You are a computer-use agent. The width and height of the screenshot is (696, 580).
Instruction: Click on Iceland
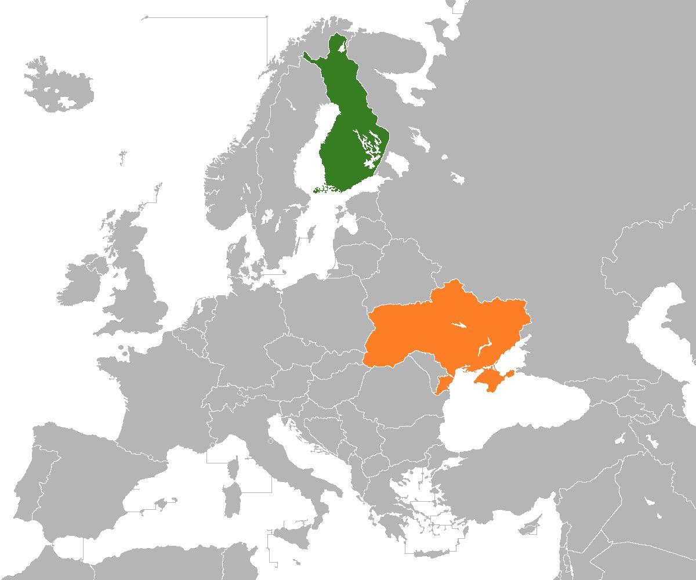[x=58, y=87]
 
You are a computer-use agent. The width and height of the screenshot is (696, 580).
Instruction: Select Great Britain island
[x=139, y=284]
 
